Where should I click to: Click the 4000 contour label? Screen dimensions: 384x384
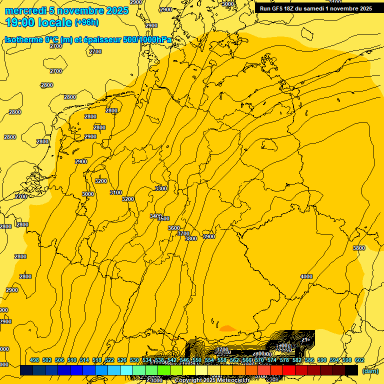[306, 276]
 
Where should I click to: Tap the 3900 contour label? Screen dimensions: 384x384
[208, 236]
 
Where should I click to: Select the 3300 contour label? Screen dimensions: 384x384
[161, 188]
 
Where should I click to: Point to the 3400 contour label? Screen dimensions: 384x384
[155, 216]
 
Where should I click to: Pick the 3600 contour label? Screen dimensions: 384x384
[173, 228]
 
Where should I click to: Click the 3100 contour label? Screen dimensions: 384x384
[115, 192]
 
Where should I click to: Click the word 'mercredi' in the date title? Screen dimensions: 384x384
[25, 10]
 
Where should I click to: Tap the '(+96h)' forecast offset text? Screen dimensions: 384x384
[86, 22]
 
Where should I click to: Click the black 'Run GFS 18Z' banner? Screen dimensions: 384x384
[315, 8]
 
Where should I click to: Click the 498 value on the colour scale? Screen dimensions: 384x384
[34, 360]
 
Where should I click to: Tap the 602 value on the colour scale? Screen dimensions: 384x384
[359, 360]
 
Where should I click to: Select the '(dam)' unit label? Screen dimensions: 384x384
[370, 371]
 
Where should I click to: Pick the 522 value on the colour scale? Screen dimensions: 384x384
[109, 360]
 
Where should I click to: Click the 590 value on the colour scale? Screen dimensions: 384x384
[322, 360]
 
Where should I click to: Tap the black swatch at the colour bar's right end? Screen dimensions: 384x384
[351, 370]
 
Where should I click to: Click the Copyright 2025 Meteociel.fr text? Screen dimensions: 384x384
[211, 380]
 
